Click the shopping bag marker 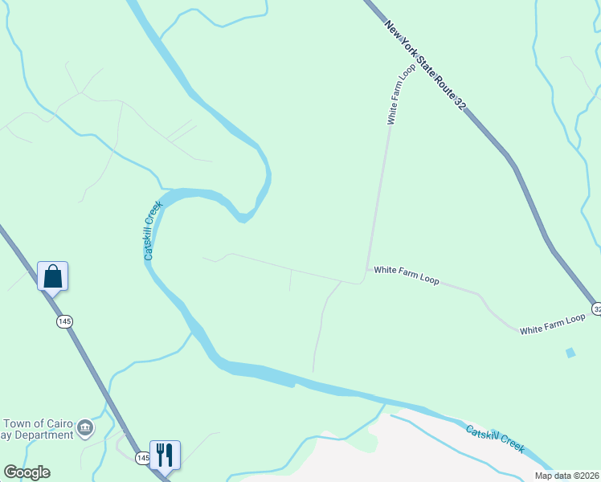(53, 276)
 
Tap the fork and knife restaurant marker (165, 454)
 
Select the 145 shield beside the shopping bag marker (65, 321)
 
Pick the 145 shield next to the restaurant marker (142, 458)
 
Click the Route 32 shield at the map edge (596, 308)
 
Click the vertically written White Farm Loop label (401, 95)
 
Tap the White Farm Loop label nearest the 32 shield (552, 325)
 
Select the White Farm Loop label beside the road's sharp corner (407, 276)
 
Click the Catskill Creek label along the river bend (153, 230)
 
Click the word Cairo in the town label (60, 423)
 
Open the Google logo (27, 472)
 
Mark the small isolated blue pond (570, 353)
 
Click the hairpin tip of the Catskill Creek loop (244, 217)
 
